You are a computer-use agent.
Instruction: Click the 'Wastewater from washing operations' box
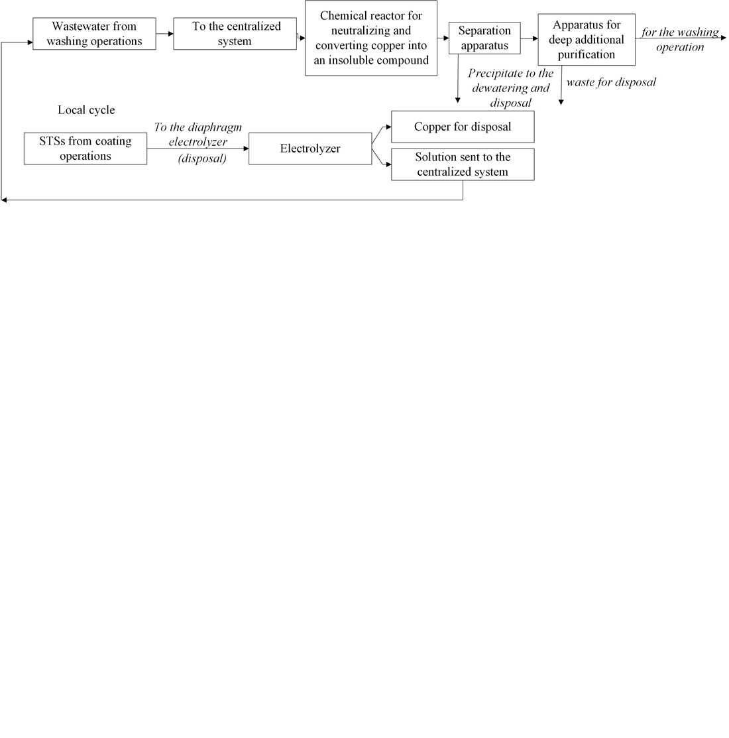click(94, 34)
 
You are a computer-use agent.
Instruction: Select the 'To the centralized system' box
click(235, 34)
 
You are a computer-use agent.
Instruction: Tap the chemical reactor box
click(371, 38)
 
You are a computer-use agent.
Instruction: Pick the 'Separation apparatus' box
click(484, 38)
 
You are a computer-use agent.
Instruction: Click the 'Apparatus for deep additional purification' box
click(586, 40)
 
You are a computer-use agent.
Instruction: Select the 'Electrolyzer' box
click(309, 149)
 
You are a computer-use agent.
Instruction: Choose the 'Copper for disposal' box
click(462, 127)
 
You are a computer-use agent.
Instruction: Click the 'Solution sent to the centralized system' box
click(462, 164)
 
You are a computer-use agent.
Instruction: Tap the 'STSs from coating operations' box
click(85, 149)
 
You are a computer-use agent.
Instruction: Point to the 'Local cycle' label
click(86, 110)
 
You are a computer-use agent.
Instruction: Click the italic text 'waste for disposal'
click(610, 83)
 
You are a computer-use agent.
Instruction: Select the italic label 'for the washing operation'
click(680, 40)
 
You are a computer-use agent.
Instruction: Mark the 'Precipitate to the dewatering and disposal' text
click(510, 88)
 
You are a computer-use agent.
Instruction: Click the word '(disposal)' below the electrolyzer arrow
click(202, 159)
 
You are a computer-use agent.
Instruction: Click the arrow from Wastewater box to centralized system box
click(164, 34)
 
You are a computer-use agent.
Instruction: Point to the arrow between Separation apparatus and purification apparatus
click(529, 38)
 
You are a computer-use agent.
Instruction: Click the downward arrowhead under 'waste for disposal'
click(561, 102)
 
